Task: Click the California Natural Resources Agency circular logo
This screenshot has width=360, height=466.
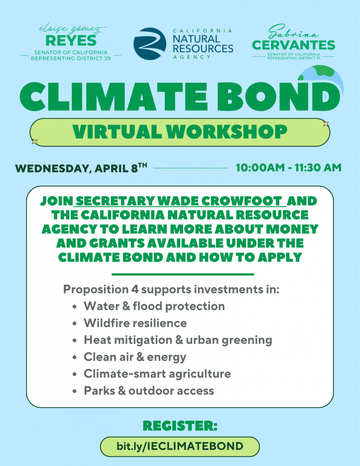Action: click(x=150, y=44)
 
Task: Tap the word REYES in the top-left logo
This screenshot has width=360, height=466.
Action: click(x=71, y=41)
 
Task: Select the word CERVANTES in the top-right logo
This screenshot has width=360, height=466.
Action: click(x=293, y=45)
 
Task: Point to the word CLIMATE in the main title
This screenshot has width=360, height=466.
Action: click(x=113, y=97)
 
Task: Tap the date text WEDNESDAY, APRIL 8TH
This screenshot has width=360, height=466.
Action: click(x=81, y=168)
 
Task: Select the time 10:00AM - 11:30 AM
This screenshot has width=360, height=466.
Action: click(x=288, y=167)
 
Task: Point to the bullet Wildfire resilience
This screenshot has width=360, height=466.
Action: click(x=135, y=323)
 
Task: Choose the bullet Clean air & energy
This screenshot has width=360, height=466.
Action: click(x=135, y=357)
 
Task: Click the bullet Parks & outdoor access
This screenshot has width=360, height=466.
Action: click(x=149, y=390)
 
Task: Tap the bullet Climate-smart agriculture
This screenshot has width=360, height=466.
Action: click(x=157, y=374)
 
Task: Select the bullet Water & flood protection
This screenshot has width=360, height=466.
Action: click(x=154, y=306)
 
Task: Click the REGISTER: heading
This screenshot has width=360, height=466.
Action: click(x=180, y=425)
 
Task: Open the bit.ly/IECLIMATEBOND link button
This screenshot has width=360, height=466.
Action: click(x=180, y=446)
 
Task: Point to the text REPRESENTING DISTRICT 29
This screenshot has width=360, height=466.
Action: click(x=71, y=58)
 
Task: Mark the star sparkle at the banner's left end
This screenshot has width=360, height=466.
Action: click(x=35, y=142)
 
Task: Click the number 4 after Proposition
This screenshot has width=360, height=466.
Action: click(x=135, y=289)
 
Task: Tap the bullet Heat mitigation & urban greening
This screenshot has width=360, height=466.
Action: click(x=178, y=340)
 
